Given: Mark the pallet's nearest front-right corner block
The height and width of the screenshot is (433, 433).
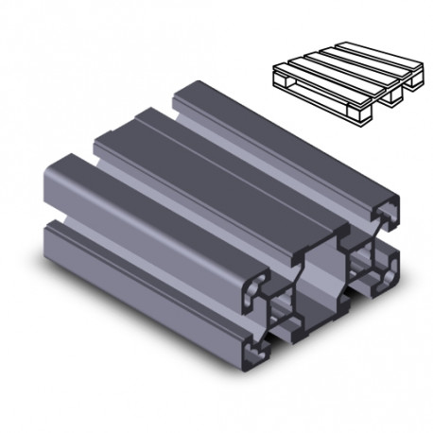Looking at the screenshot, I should pos(363,116).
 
